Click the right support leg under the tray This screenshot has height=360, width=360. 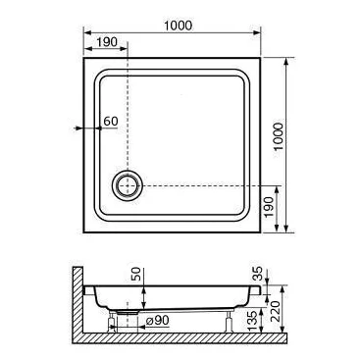(230, 318)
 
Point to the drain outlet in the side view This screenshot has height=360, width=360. (126, 314)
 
